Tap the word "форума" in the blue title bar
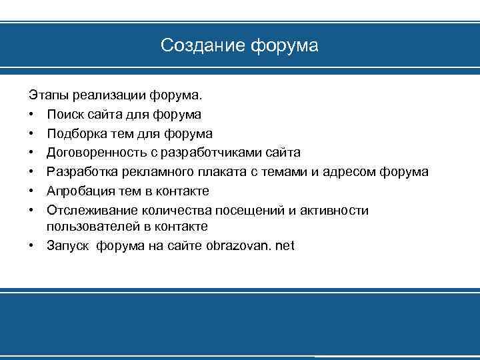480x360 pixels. pos(284,46)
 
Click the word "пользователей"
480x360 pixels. pos(89,227)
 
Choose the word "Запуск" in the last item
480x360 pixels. pos(68,246)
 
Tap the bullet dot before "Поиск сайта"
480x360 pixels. pos(31,115)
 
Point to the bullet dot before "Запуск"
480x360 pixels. pos(31,246)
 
